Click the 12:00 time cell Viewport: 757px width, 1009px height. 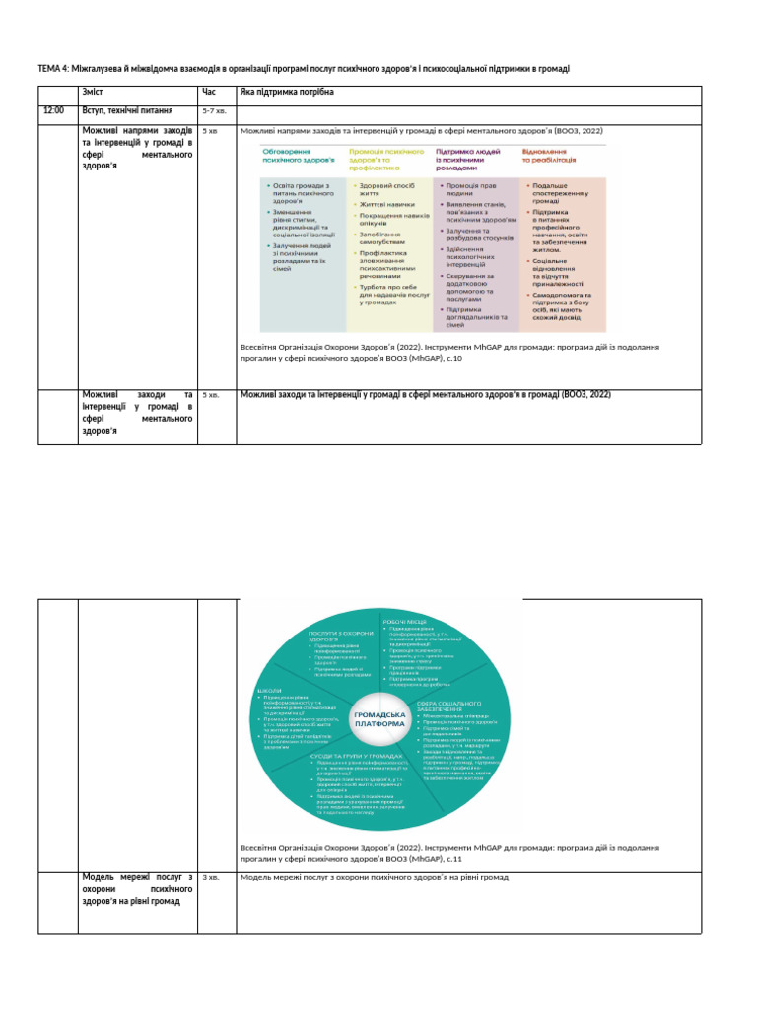pos(53,111)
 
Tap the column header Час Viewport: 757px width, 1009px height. pos(208,92)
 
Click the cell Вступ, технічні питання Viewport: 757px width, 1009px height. pos(128,111)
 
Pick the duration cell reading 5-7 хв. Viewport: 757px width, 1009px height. pos(214,111)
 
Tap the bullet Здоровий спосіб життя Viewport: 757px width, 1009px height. pos(386,190)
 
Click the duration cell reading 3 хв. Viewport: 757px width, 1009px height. pos(210,877)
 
